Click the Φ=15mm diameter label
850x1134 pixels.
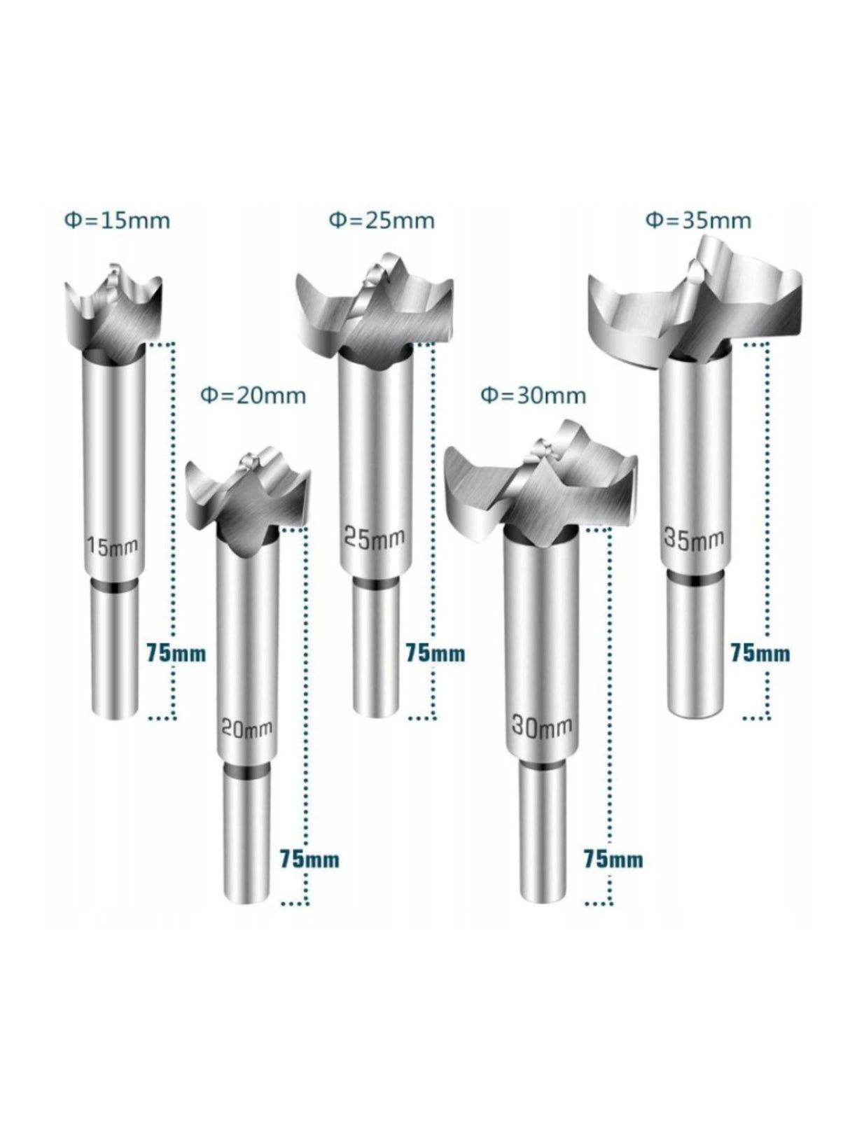click(x=117, y=220)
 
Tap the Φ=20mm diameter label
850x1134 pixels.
click(x=253, y=395)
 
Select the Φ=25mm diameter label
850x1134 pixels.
click(x=382, y=220)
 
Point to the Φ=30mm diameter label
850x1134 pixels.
click(x=533, y=395)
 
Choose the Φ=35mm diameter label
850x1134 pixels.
click(x=698, y=220)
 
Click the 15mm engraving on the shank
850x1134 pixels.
click(x=112, y=545)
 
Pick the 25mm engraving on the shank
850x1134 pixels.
click(x=374, y=538)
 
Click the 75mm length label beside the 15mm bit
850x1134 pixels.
click(x=176, y=653)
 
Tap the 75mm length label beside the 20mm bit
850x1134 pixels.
click(x=309, y=859)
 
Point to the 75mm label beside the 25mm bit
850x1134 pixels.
click(x=435, y=653)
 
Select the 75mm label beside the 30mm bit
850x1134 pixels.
click(x=613, y=859)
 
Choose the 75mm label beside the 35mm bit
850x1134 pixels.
click(x=760, y=653)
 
